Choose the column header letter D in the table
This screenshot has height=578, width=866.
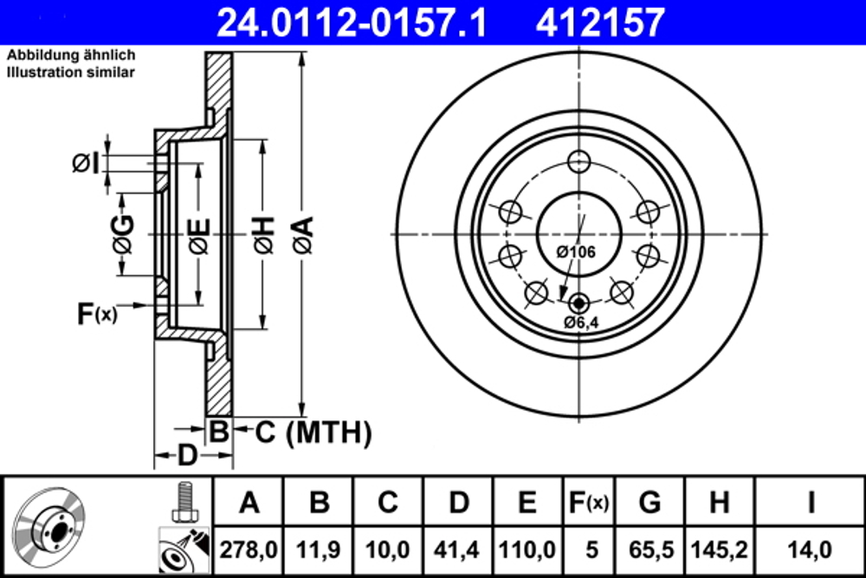(458, 502)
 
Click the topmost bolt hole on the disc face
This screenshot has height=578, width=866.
(579, 162)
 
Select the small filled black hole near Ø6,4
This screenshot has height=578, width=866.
(579, 302)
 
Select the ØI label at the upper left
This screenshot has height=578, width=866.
(86, 162)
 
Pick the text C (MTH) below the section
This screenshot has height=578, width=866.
(313, 432)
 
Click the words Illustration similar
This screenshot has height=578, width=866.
(71, 73)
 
